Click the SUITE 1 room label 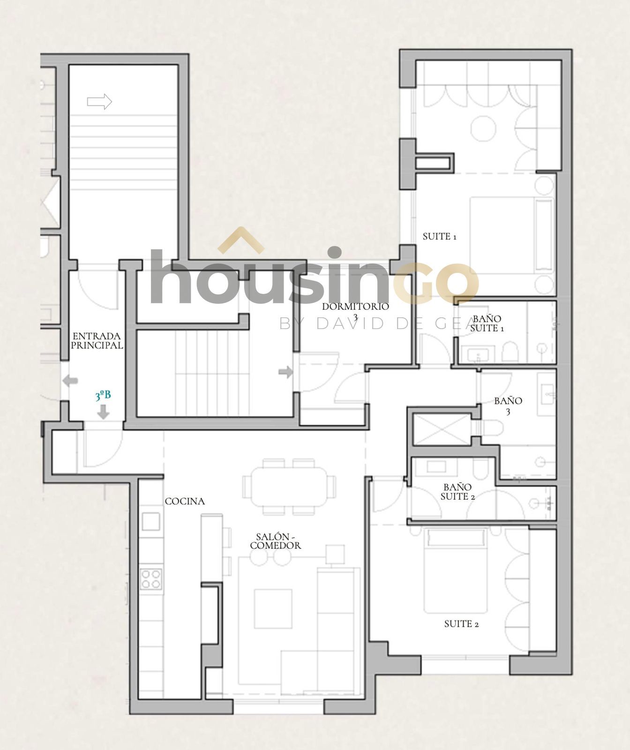(x=439, y=237)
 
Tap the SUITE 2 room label (x=461, y=624)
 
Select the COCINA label (x=185, y=501)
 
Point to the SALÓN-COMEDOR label (x=276, y=541)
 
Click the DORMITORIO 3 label (x=355, y=312)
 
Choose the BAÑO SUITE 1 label (x=487, y=323)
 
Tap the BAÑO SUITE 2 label (x=458, y=492)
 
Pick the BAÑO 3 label (x=508, y=406)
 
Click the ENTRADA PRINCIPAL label (x=97, y=341)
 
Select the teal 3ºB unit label (x=103, y=396)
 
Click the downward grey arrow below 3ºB (x=104, y=412)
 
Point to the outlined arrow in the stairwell (x=99, y=101)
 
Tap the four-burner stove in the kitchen (x=151, y=578)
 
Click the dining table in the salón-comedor (x=289, y=487)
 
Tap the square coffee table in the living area (x=273, y=608)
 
